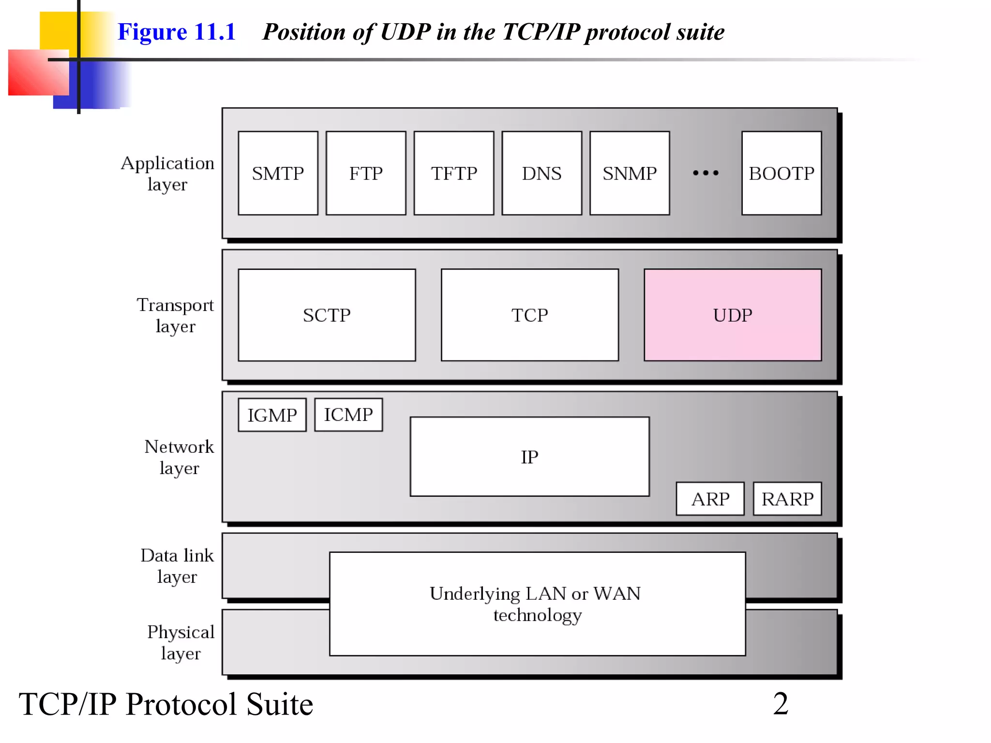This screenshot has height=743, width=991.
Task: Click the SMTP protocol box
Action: click(x=278, y=173)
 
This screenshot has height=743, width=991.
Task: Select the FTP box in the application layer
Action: click(x=366, y=173)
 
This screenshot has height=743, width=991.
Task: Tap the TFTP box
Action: click(x=454, y=173)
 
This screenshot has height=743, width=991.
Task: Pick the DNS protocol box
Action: click(x=541, y=173)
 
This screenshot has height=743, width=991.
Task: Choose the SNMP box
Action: click(x=630, y=173)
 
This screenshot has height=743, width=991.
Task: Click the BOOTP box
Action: click(x=781, y=173)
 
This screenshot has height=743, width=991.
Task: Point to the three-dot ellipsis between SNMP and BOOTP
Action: click(x=706, y=173)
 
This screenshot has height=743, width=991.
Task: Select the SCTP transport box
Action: click(x=327, y=315)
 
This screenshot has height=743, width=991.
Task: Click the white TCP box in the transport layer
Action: click(x=530, y=315)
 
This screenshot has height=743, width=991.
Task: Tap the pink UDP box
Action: click(x=733, y=315)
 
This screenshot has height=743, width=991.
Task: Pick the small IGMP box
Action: click(x=272, y=415)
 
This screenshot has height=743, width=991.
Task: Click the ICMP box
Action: click(x=348, y=415)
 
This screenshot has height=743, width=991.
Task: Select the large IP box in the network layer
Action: click(x=529, y=457)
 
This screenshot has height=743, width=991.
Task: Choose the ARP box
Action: click(x=710, y=499)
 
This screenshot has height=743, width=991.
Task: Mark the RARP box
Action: click(x=787, y=499)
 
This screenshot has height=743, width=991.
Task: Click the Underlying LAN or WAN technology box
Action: click(x=537, y=604)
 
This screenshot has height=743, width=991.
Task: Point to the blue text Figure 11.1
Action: click(x=177, y=32)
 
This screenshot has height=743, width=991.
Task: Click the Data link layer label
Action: click(x=177, y=566)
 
